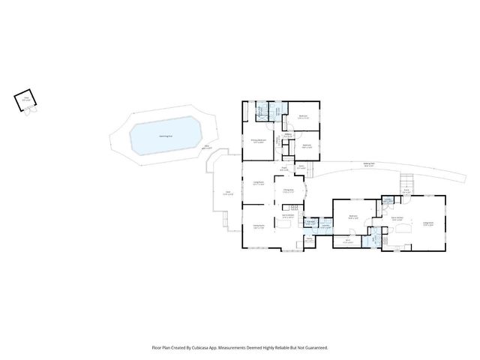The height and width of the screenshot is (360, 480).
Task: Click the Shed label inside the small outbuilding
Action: (25, 97)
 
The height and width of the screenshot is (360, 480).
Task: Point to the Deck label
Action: (229, 193)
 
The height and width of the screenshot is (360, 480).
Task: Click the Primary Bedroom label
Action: (257, 142)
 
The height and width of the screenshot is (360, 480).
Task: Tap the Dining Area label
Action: (288, 191)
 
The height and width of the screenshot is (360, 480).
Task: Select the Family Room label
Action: (259, 226)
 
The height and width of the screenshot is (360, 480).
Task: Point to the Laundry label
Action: (326, 225)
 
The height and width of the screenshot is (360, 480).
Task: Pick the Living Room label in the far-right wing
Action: (430, 223)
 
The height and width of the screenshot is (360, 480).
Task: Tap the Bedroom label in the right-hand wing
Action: (353, 217)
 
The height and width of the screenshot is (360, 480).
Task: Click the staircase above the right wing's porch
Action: (407, 183)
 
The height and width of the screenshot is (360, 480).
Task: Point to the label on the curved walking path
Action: (369, 166)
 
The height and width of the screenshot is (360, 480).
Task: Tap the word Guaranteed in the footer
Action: (313, 347)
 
